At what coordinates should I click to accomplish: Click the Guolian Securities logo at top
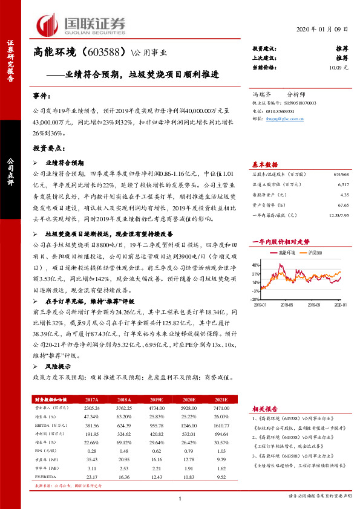click(81, 24)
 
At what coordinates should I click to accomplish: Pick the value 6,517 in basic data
click(342, 184)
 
